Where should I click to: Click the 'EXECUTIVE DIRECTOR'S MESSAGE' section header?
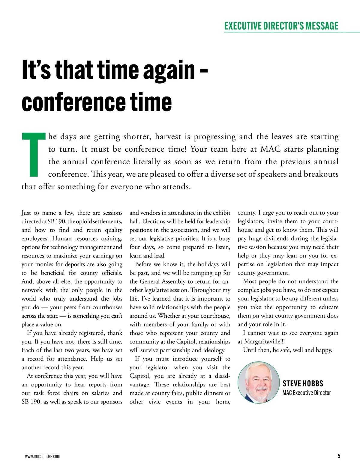(x=281, y=26)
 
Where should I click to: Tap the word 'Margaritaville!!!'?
(x=264, y=342)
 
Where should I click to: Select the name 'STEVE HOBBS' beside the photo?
(x=303, y=384)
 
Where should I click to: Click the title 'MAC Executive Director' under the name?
(x=307, y=393)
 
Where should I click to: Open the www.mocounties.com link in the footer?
(x=43, y=457)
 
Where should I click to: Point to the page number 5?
(x=339, y=457)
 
